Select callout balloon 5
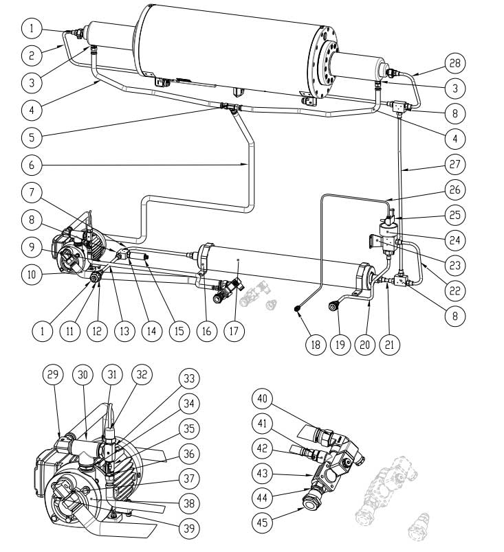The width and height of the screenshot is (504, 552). pyautogui.click(x=32, y=137)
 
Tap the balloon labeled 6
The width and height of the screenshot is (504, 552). pyautogui.click(x=32, y=165)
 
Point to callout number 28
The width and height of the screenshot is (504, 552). pyautogui.click(x=455, y=64)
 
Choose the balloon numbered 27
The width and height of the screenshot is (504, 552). pyautogui.click(x=455, y=165)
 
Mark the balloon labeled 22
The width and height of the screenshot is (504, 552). pyautogui.click(x=455, y=290)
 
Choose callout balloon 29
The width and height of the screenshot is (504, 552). pyautogui.click(x=53, y=375)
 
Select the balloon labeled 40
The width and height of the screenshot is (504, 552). pyautogui.click(x=265, y=400)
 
